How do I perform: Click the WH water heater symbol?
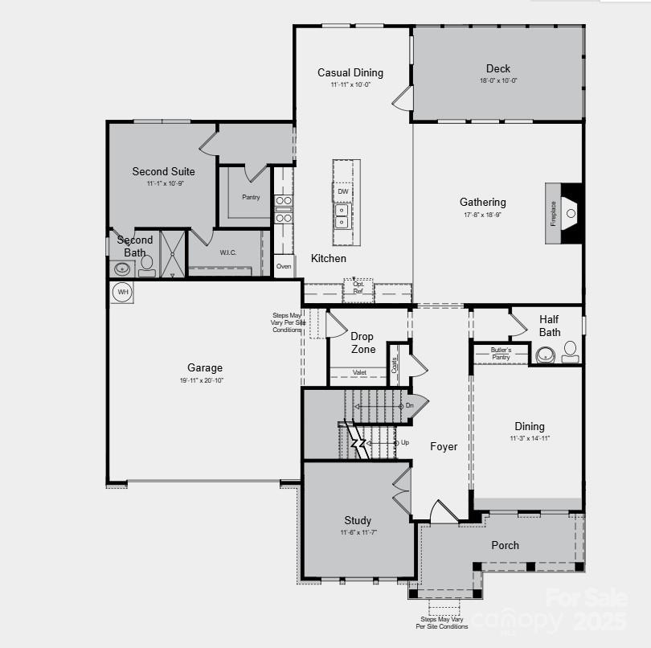(122, 292)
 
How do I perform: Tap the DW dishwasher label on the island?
(343, 191)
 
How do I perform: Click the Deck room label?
(497, 68)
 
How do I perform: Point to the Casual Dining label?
(350, 72)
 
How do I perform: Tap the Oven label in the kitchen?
(284, 266)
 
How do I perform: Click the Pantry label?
(251, 197)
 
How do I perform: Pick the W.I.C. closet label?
(228, 252)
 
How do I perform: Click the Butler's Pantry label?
(501, 353)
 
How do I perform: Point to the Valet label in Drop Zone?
(359, 372)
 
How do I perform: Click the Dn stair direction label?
(409, 406)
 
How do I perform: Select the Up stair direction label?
(404, 442)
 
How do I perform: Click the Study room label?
(358, 520)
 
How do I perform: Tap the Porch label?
(506, 545)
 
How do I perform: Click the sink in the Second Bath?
(123, 269)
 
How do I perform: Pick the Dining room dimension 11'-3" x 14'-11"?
(529, 438)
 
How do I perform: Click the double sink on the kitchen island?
(342, 215)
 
